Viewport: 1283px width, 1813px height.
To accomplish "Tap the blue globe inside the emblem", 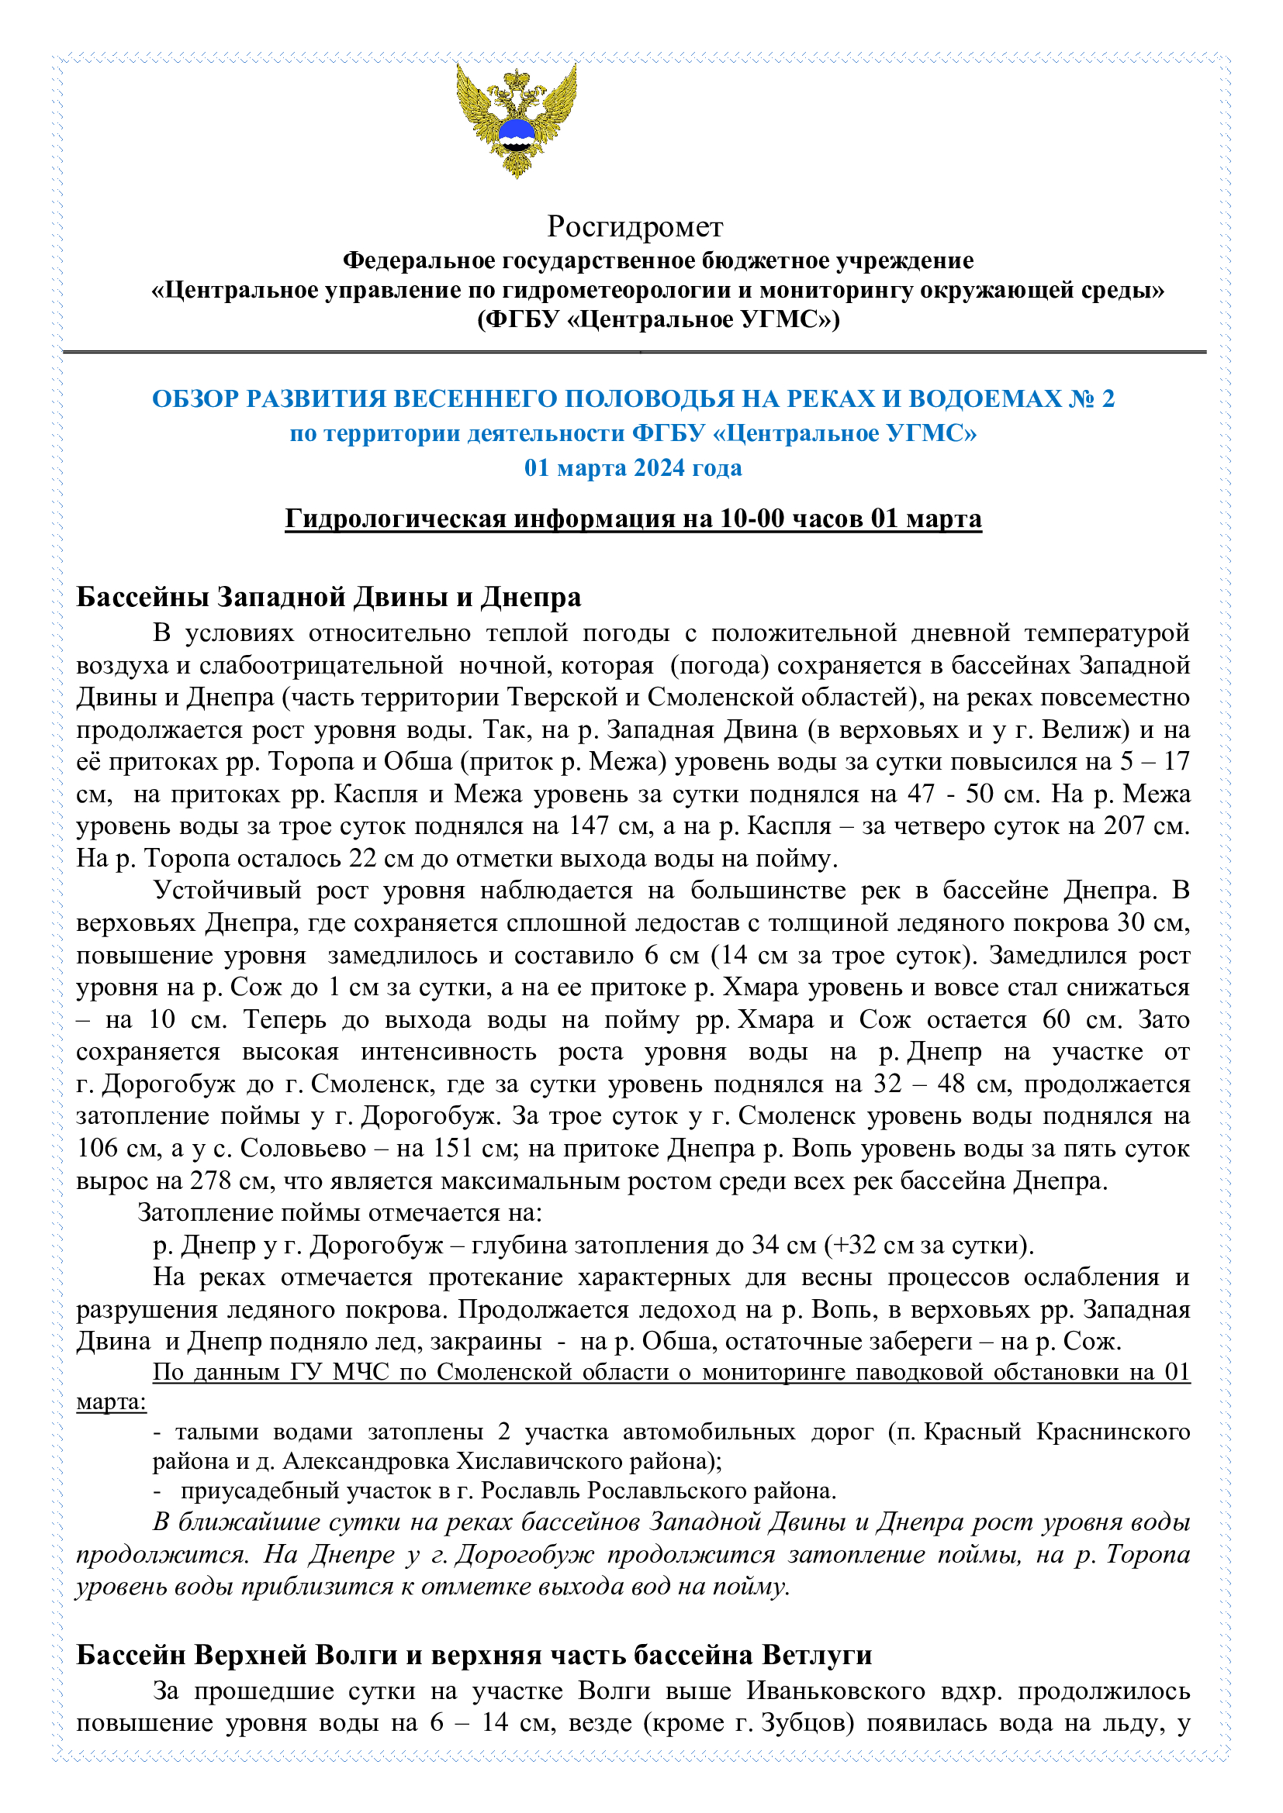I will click(517, 132).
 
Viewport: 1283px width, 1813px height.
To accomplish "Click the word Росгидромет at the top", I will click(635, 226).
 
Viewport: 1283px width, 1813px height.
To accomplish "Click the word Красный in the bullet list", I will click(972, 1432).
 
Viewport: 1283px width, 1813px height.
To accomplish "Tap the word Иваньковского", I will click(836, 1691).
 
